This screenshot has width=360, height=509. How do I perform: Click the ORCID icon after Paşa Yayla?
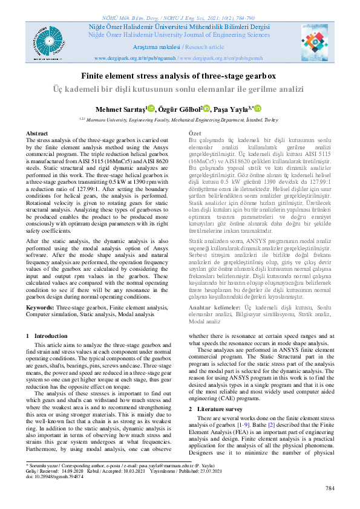[x=257, y=108]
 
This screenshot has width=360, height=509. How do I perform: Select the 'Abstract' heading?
[x=37, y=133]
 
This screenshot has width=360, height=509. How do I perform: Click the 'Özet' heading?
[x=195, y=133]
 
